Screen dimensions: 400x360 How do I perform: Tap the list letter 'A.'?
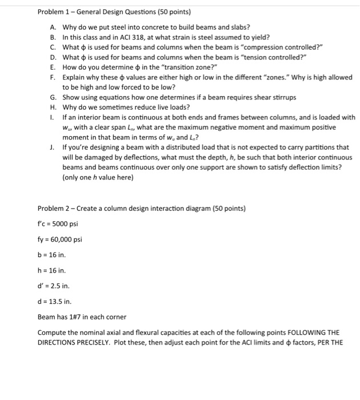pyautogui.click(x=53, y=27)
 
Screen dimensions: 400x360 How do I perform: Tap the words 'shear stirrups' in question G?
pyautogui.click(x=273, y=97)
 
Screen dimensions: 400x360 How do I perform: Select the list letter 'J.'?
pyautogui.click(x=53, y=147)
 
